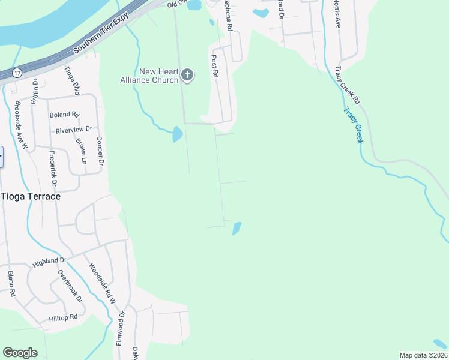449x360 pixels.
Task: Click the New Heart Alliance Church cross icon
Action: tap(187, 75)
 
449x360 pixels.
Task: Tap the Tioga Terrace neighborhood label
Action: tap(31, 196)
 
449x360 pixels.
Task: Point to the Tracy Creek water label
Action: tap(354, 125)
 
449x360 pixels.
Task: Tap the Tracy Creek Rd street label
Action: tap(348, 85)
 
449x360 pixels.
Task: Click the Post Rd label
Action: tap(214, 66)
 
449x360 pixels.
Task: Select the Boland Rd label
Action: tap(64, 115)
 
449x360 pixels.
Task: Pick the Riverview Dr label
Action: tap(73, 129)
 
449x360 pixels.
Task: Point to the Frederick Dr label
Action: tap(53, 169)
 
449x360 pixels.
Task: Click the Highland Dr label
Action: tap(50, 261)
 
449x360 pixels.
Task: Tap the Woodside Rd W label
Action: tap(101, 283)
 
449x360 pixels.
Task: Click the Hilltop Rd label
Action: tap(63, 317)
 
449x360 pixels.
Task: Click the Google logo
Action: tap(20, 353)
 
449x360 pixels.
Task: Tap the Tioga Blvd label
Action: tap(72, 80)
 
